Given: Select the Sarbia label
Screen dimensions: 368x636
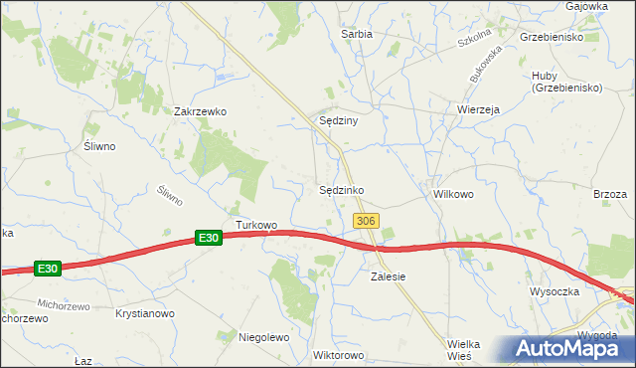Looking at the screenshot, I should [356, 34].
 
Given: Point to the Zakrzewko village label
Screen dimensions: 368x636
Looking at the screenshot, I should [201, 112].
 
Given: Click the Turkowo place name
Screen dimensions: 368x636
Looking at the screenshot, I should [256, 225].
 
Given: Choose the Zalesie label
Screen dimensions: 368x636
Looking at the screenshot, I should [389, 276].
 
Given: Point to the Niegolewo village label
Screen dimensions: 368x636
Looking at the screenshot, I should [263, 337].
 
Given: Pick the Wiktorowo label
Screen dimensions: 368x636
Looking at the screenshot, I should [339, 355].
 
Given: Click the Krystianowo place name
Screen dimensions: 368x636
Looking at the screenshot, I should [145, 313].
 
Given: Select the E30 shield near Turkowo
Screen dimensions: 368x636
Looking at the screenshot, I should [207, 238].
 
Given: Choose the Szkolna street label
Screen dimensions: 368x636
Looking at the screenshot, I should [475, 42].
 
